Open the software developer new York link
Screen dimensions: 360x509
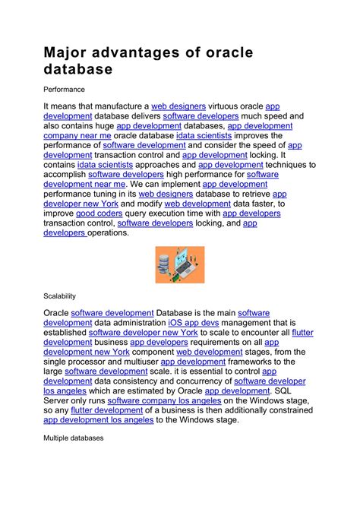pos(143,332)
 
